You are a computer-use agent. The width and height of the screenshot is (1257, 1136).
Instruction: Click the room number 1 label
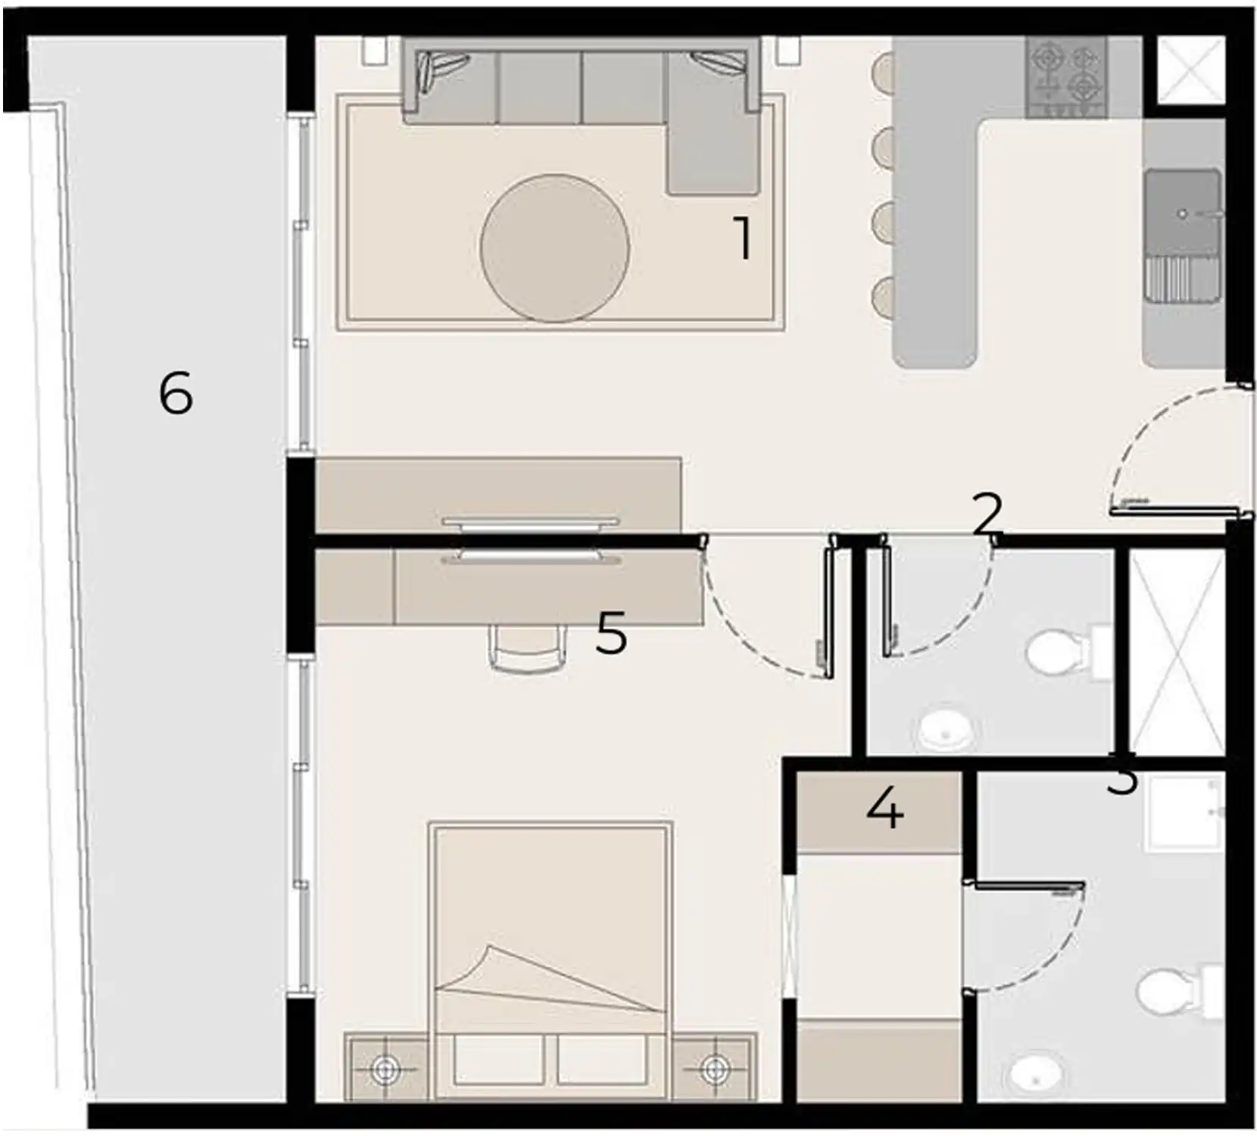coord(744,239)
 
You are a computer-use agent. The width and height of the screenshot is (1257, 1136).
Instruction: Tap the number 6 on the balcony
coord(176,395)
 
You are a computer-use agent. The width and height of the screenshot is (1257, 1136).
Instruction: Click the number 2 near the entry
coord(987,515)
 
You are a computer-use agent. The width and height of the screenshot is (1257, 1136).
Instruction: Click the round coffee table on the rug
coord(554,248)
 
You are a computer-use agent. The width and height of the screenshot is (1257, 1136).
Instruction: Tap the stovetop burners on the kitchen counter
coord(1065,78)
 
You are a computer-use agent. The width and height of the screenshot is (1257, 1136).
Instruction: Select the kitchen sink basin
coord(1182,214)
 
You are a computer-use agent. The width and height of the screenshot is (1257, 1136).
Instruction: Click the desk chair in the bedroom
coord(528,649)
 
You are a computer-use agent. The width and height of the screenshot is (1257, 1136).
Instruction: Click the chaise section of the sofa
coord(712,155)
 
